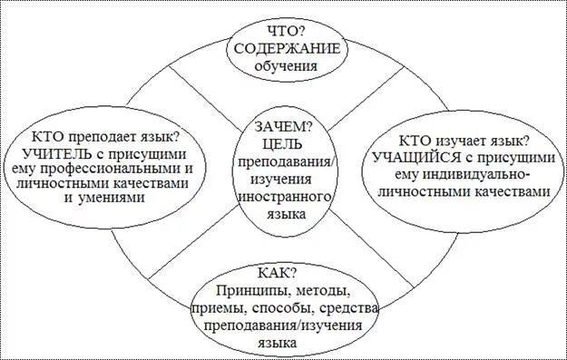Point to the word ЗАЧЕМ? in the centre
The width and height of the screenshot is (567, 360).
[284, 126]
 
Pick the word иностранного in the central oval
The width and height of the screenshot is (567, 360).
[285, 197]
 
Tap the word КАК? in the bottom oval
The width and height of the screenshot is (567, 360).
[284, 272]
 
